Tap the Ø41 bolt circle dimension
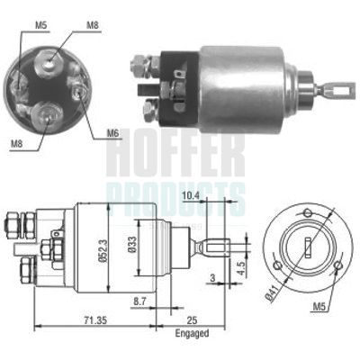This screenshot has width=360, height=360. tap(272, 292)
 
